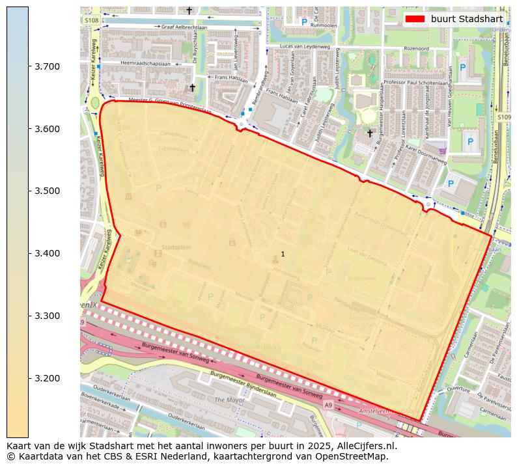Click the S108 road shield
(91, 21)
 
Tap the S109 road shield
(503, 117)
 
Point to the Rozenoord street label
(416, 48)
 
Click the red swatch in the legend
(414, 19)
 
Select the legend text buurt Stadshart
(466, 19)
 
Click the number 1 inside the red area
(283, 254)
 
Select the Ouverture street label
(458, 389)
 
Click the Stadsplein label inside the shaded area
(175, 247)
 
